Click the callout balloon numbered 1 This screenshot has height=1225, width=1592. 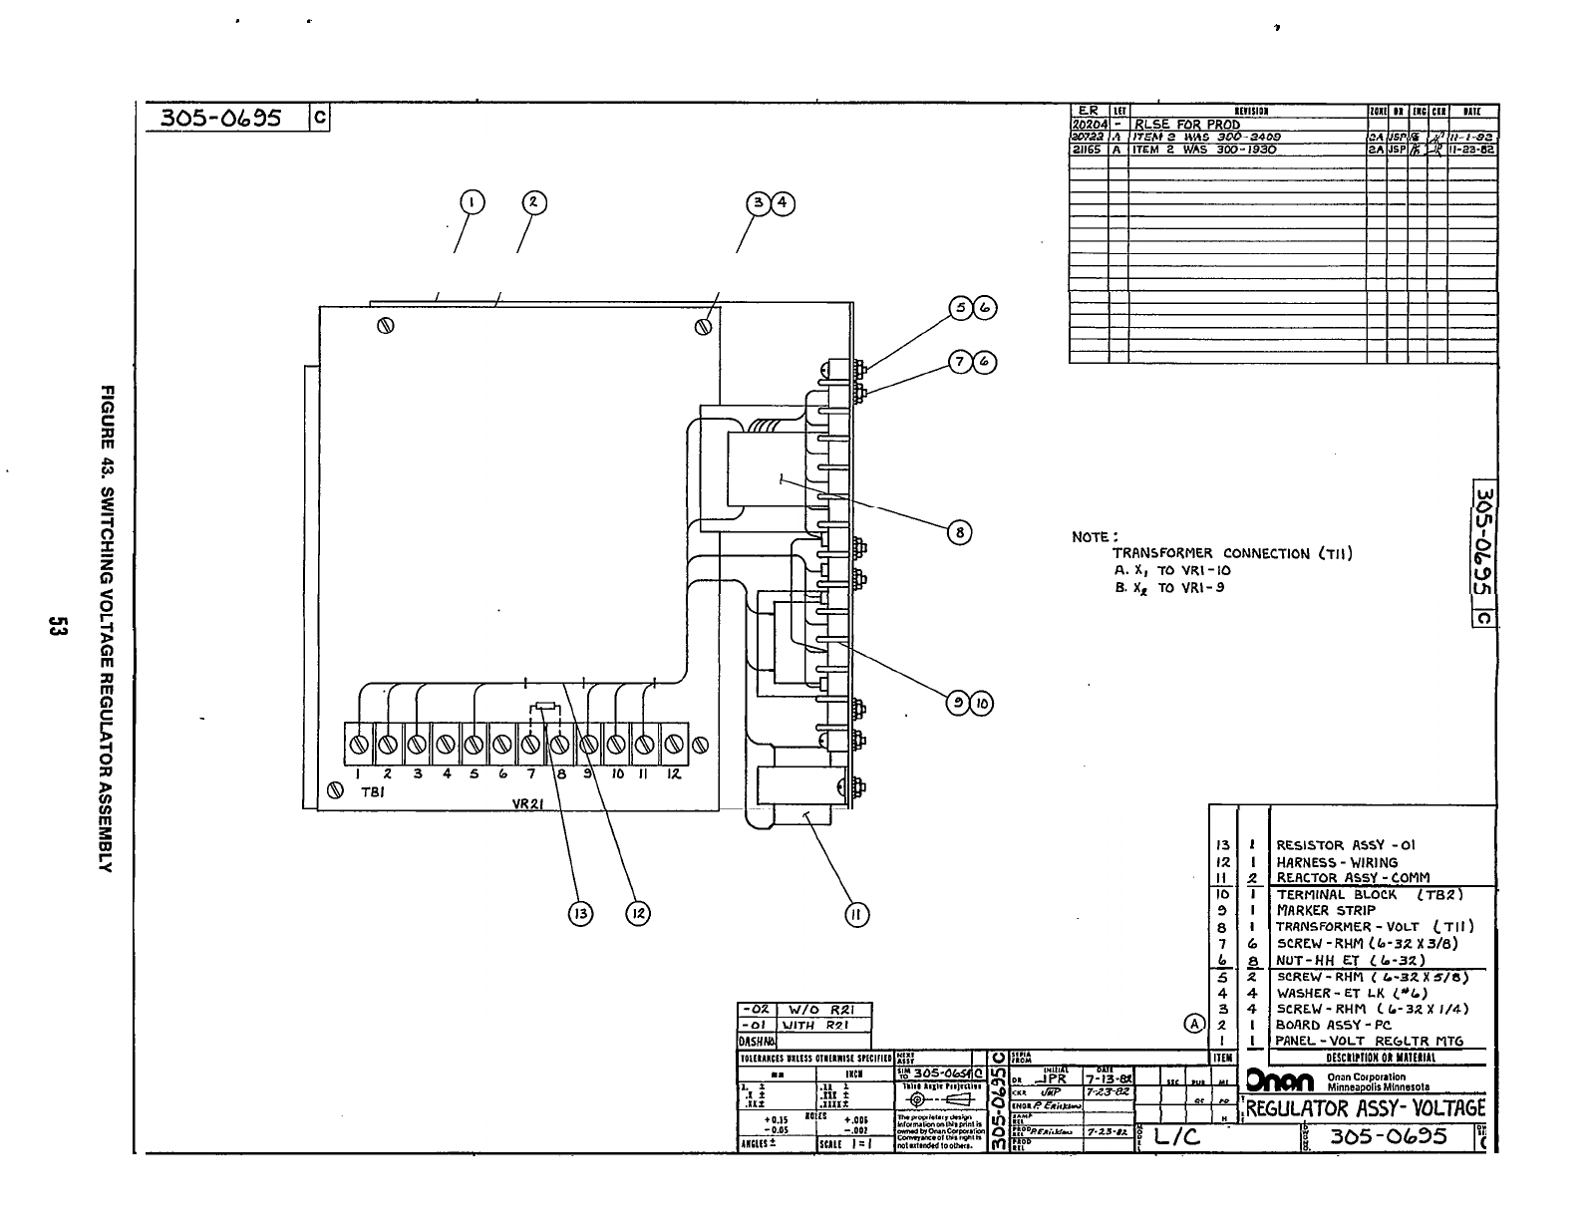click(x=471, y=202)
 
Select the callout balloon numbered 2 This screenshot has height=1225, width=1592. click(x=533, y=202)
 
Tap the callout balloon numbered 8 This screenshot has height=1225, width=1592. click(x=959, y=532)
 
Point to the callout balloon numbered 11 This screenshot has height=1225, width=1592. click(x=856, y=914)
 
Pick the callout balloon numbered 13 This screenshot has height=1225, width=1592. click(x=580, y=912)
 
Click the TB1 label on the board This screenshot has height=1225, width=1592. click(x=371, y=791)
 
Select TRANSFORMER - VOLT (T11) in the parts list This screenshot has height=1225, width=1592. click(x=1374, y=926)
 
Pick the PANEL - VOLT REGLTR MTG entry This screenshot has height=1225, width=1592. click(x=1369, y=1041)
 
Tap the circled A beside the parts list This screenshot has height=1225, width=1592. click(x=1193, y=1024)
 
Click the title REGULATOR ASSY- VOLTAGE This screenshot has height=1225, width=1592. click(x=1366, y=1108)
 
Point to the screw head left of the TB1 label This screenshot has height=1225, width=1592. click(x=336, y=790)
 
